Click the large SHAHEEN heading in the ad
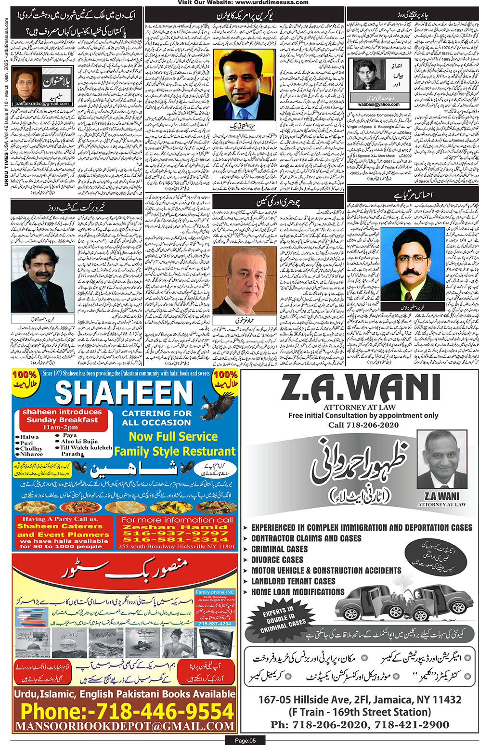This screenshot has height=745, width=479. coord(124,393)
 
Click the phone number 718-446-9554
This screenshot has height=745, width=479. coord(127,711)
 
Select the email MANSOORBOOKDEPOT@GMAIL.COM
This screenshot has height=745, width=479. coord(125,726)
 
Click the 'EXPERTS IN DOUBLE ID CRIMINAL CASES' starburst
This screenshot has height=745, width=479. coord(284,619)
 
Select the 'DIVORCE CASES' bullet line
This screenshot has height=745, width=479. coord(277,560)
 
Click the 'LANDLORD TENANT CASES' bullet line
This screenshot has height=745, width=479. coord(293,581)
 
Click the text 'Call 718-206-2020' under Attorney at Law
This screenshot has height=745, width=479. coord(363,425)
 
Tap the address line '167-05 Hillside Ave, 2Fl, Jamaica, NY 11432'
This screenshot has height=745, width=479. coord(360,699)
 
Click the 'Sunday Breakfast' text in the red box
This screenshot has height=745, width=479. coord(62,420)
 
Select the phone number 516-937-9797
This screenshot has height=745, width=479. coord(175,533)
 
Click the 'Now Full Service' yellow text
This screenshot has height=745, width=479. coord(173,436)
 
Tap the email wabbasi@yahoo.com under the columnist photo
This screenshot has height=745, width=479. coord(375,104)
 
